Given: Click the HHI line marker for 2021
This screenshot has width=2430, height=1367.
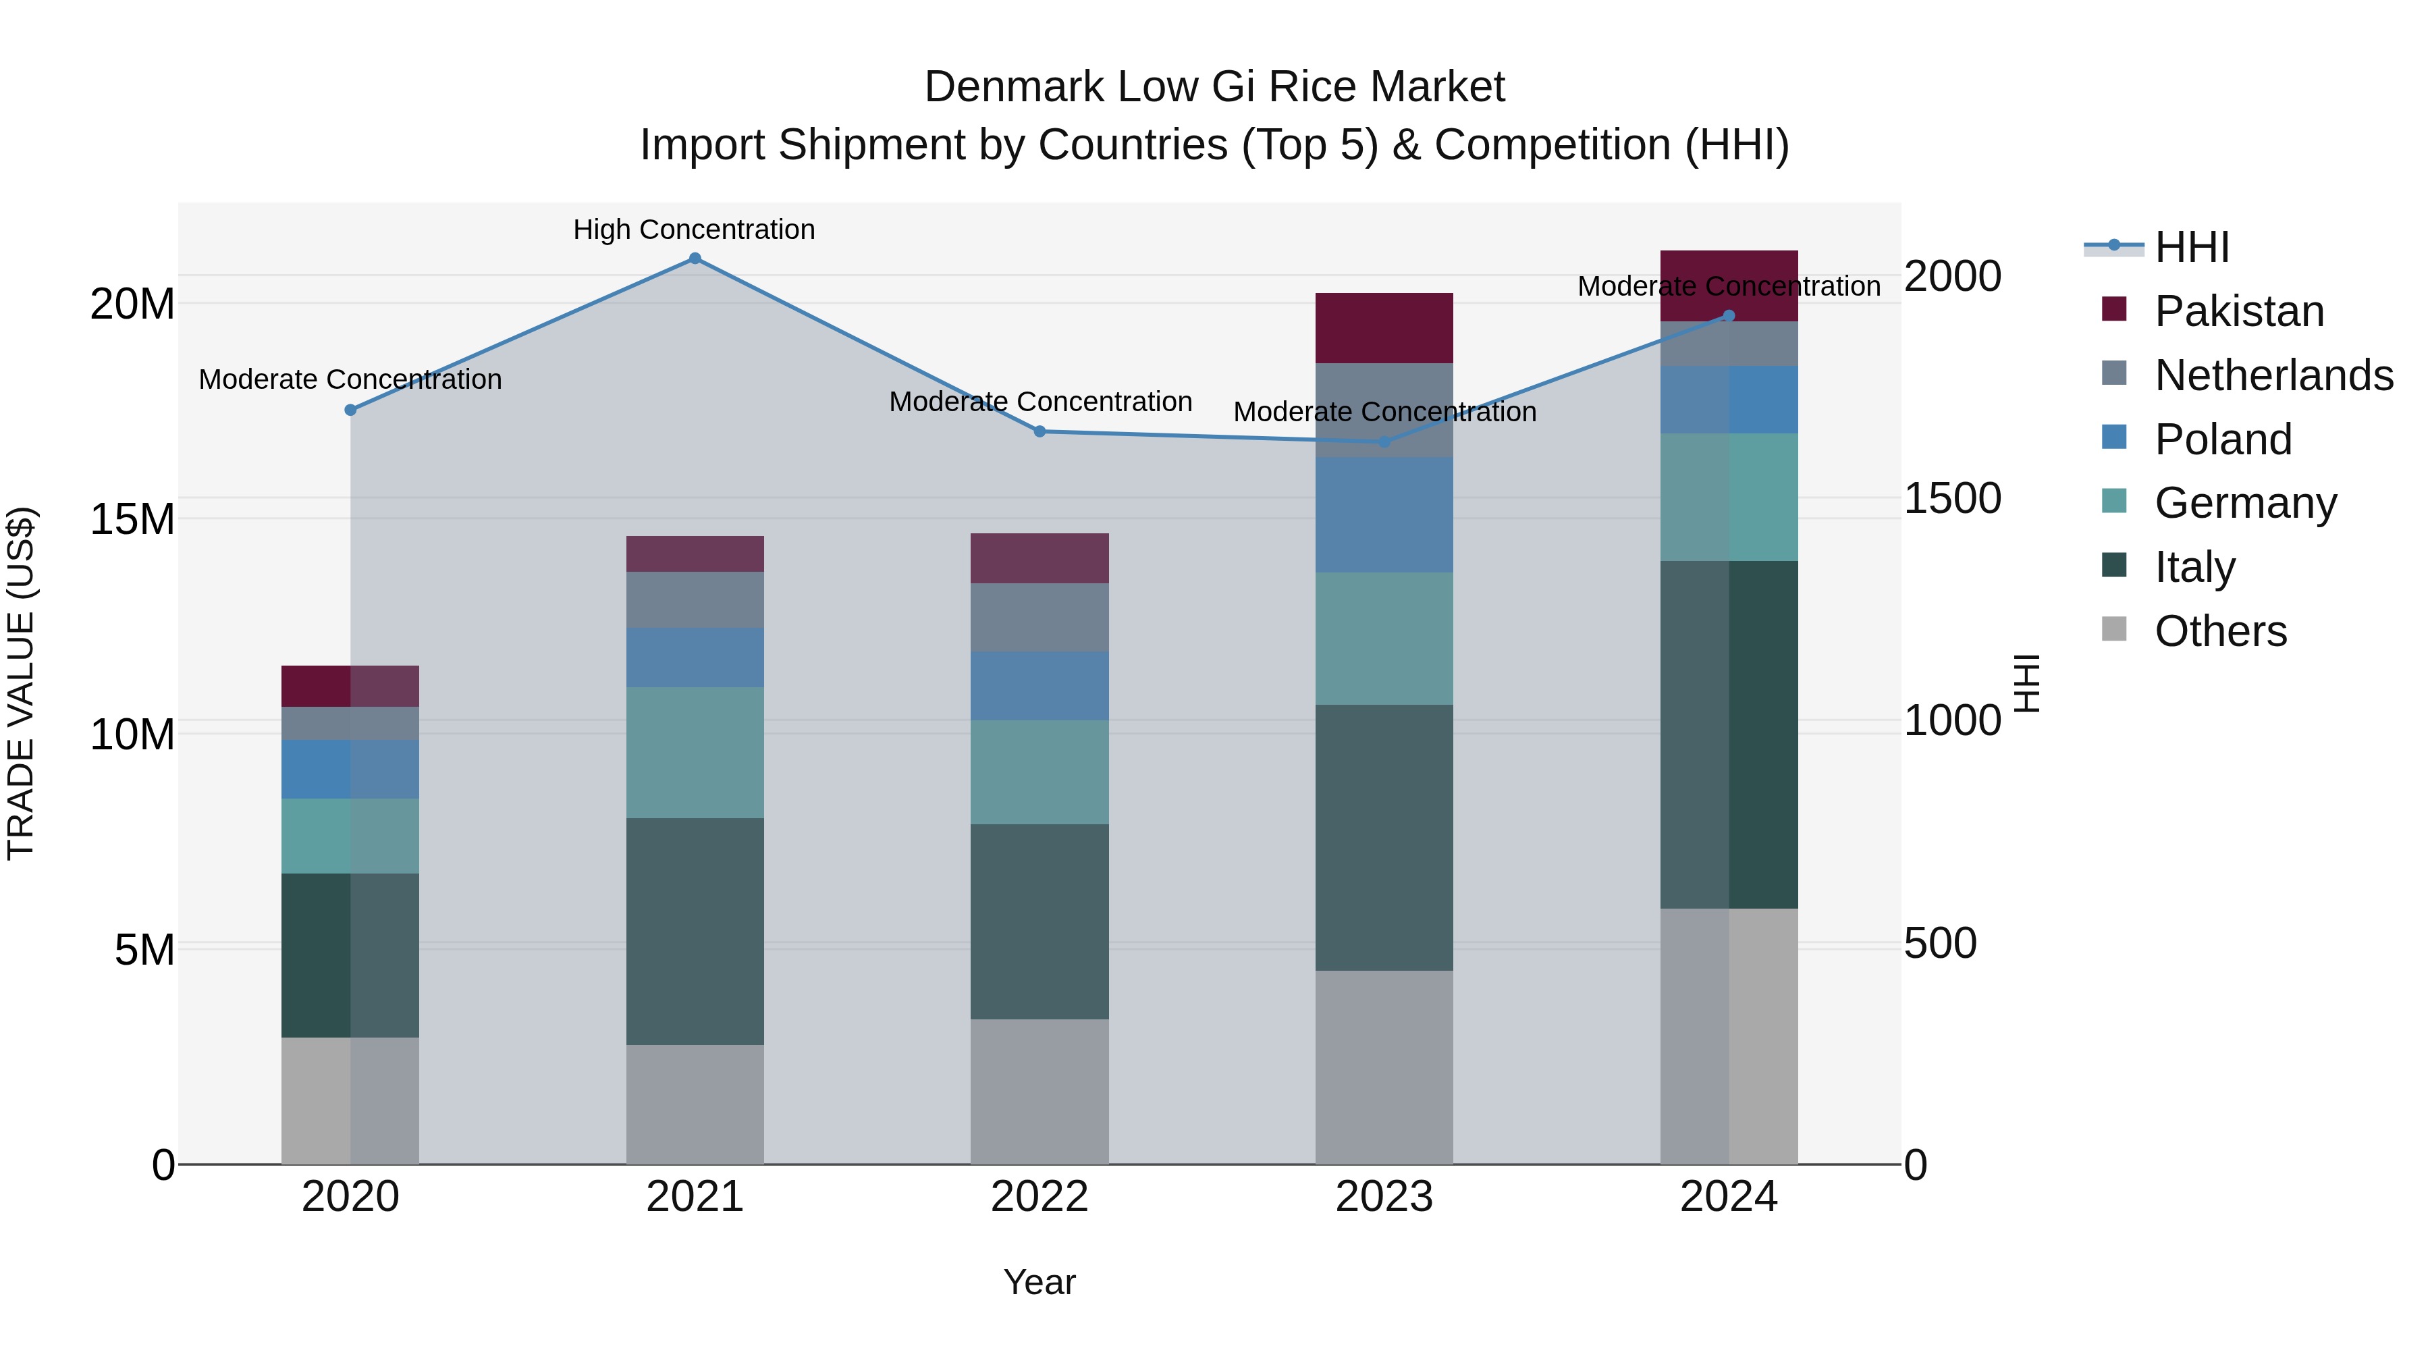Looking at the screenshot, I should click(x=695, y=259).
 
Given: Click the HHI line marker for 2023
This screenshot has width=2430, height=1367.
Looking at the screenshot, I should click(x=1384, y=441).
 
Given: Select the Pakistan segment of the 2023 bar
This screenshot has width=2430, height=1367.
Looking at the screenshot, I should click(x=1384, y=327).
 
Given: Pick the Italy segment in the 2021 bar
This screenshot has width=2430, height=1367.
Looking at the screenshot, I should click(x=695, y=930).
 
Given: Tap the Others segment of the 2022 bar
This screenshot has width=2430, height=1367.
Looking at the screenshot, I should click(x=1039, y=1091).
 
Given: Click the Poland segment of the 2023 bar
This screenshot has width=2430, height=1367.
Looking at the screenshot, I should click(x=1384, y=514).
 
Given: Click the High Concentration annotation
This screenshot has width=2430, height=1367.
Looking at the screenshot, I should click(x=695, y=230).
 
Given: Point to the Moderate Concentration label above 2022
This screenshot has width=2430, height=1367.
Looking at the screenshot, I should click(x=1039, y=402).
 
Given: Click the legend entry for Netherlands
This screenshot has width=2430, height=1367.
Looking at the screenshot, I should click(x=2273, y=375).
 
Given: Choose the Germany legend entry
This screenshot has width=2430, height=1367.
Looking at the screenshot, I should click(x=2245, y=503).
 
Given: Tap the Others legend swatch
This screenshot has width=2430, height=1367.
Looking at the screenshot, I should click(x=2114, y=629).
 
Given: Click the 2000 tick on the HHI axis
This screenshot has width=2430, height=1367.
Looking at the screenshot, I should click(x=1951, y=276).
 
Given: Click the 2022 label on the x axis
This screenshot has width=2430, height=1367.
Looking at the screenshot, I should click(x=1039, y=1197).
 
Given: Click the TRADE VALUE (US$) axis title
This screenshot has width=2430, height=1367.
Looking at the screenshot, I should click(x=21, y=683).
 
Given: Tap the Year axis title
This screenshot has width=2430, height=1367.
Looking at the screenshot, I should click(x=1039, y=1282).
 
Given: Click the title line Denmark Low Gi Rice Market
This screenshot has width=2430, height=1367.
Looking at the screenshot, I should click(x=1214, y=87).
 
